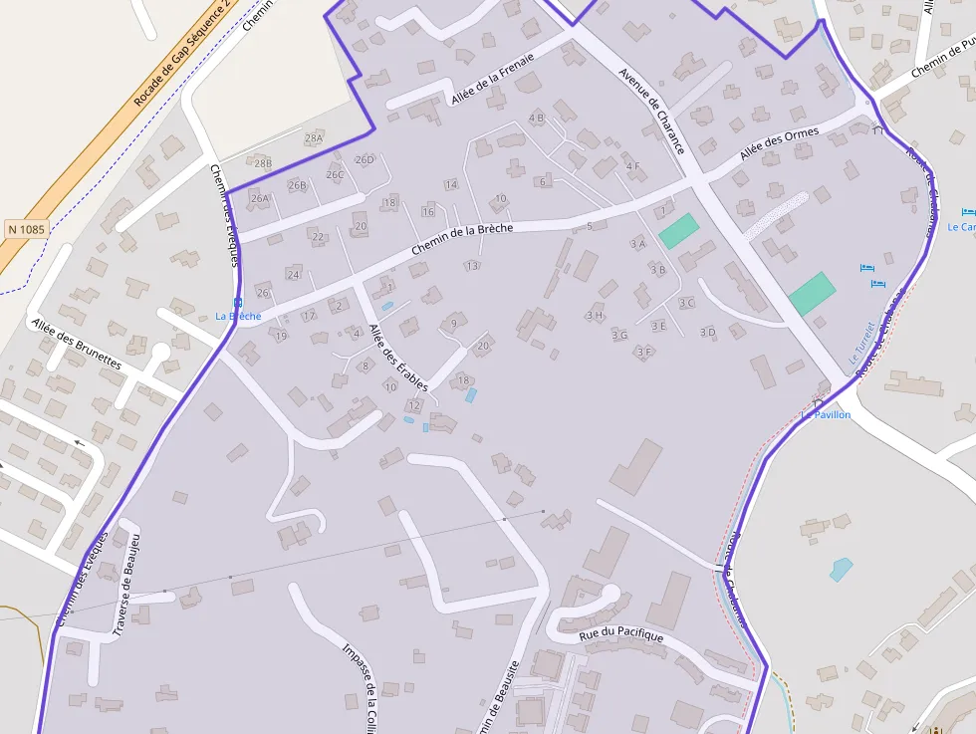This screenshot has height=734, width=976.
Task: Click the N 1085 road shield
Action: point(26,229)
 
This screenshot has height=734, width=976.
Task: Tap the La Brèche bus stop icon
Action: point(237,303)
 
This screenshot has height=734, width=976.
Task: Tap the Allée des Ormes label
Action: point(779,144)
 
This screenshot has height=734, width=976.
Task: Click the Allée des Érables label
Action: point(398,358)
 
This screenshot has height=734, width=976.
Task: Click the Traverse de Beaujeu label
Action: point(125,585)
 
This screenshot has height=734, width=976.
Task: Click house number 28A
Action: point(314,137)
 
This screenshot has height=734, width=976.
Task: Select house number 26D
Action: point(365,159)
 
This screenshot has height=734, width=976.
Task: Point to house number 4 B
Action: point(537,118)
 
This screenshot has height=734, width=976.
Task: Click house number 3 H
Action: point(595,315)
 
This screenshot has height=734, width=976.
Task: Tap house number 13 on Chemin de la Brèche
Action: point(472,265)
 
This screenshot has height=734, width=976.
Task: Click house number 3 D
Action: point(707,332)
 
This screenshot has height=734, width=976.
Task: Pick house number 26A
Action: point(260,198)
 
